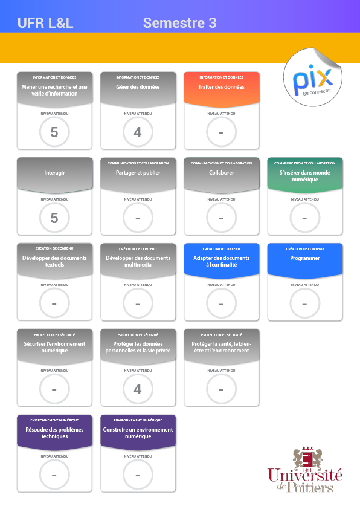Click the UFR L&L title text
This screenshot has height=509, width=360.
(45, 23)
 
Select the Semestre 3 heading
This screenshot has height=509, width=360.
(179, 23)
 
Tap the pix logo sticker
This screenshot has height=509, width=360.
(313, 77)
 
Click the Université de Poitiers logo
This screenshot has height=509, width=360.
(305, 469)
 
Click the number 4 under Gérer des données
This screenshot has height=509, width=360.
(138, 132)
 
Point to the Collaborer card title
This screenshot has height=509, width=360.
(222, 173)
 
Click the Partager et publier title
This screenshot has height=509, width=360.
(138, 173)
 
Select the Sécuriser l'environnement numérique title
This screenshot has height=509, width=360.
(54, 347)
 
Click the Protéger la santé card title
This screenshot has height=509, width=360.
(222, 347)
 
